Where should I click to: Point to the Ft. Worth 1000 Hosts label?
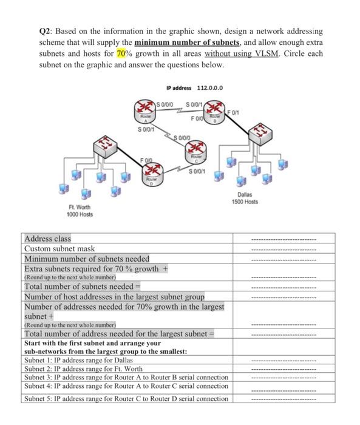[79, 211]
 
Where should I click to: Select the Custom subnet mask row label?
[59, 249]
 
